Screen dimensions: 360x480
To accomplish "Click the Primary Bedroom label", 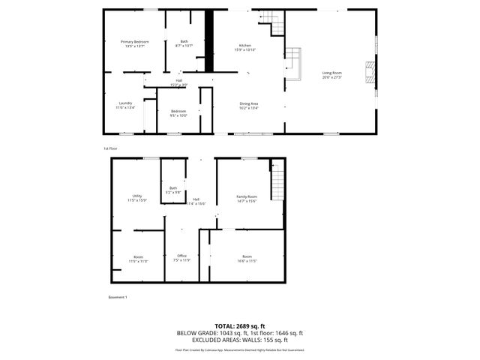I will click(135, 43).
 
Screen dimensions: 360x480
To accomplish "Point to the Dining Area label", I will click(248, 105).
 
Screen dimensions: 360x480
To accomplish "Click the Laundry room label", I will click(125, 105).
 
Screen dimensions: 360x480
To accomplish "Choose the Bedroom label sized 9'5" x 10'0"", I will click(178, 112).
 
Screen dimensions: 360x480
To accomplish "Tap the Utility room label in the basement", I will click(136, 198).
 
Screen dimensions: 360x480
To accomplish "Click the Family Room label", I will click(247, 198).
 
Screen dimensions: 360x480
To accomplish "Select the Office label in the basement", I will click(181, 258).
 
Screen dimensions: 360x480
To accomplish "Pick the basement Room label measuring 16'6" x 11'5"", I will click(247, 258).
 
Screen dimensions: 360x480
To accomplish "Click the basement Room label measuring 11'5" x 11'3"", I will click(138, 258).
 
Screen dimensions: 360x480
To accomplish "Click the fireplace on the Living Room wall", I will click(369, 73).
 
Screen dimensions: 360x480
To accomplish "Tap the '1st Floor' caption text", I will click(110, 148).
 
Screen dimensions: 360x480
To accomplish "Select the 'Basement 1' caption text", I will click(118, 298).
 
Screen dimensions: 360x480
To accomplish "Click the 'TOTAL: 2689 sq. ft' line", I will click(240, 326).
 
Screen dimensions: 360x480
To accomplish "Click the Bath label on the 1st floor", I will click(184, 43).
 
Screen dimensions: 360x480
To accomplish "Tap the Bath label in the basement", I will click(173, 190).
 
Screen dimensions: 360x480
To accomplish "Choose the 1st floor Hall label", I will click(178, 82).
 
